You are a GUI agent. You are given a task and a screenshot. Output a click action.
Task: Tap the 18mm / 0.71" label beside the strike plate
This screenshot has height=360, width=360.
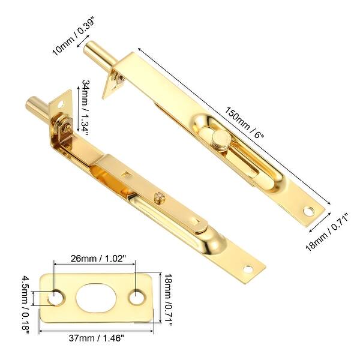pos(169,298)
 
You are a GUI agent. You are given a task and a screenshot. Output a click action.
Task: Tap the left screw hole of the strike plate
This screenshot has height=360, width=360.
pos(58,297)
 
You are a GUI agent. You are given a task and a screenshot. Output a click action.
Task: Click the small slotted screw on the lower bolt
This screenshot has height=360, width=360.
pos(159,195)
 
